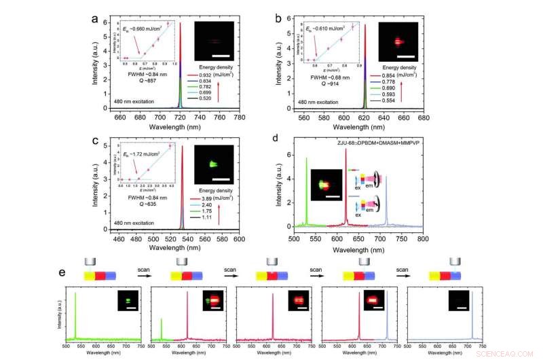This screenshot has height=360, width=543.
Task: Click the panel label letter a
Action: tap(95, 18)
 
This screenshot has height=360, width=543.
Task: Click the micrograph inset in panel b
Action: tap(397, 41)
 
